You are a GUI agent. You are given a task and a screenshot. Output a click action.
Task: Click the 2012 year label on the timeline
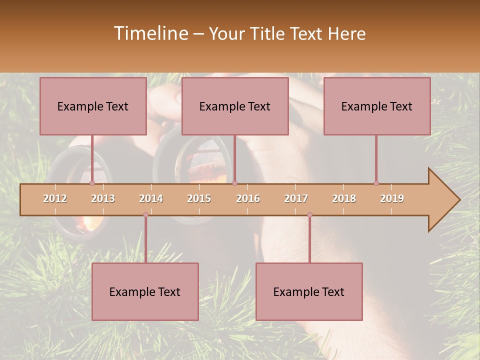pyautogui.click(x=55, y=198)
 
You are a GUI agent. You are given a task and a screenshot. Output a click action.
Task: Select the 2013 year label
pyautogui.click(x=103, y=198)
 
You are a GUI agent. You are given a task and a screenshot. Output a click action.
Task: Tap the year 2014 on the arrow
pyautogui.click(x=151, y=198)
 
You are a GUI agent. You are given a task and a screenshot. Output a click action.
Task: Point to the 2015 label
pyautogui.click(x=199, y=198)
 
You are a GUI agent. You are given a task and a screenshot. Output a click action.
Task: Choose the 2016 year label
pyautogui.click(x=248, y=198)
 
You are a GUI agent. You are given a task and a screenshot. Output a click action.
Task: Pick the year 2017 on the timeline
pyautogui.click(x=296, y=198)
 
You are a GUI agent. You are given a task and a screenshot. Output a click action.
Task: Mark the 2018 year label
pyautogui.click(x=344, y=198)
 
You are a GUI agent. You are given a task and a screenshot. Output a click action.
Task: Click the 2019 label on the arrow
pyautogui.click(x=392, y=198)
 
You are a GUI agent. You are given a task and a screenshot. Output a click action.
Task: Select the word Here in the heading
pyautogui.click(x=346, y=34)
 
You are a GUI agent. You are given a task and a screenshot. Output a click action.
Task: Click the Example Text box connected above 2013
pyautogui.click(x=93, y=106)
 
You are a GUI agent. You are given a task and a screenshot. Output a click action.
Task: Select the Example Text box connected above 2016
pyautogui.click(x=235, y=106)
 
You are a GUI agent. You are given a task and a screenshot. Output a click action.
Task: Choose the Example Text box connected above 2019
pyautogui.click(x=377, y=106)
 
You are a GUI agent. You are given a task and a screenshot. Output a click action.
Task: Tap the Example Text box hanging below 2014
pyautogui.click(x=145, y=291)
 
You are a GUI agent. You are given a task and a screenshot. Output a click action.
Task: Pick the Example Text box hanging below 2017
pyautogui.click(x=309, y=291)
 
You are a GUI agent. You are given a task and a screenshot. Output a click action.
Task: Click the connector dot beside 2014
pyautogui.click(x=145, y=214)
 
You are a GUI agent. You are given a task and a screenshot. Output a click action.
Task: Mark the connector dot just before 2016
pyautogui.click(x=234, y=183)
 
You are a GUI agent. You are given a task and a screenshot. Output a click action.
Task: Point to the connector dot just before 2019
pyautogui.click(x=376, y=183)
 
